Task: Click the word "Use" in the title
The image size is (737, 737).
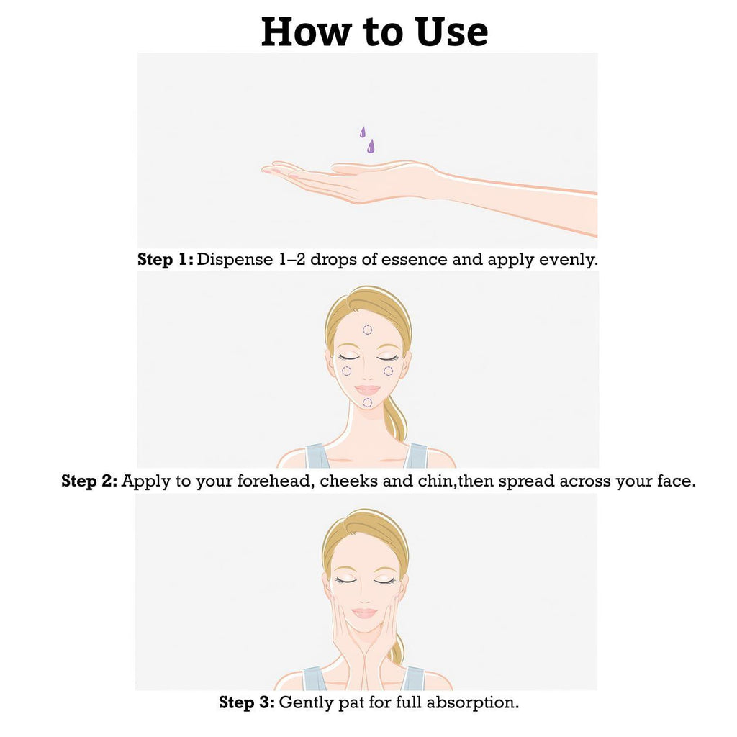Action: click(x=452, y=32)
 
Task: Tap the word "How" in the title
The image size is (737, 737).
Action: click(x=306, y=32)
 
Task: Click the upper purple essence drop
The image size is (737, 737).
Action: click(x=363, y=132)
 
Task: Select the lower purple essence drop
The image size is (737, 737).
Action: click(x=371, y=146)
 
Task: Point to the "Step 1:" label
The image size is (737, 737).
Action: click(x=165, y=259)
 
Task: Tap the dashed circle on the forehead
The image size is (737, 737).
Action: click(x=368, y=330)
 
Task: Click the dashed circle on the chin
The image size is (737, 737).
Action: click(x=368, y=402)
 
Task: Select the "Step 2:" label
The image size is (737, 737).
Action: click(x=89, y=481)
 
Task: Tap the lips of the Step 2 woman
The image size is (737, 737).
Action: click(x=368, y=390)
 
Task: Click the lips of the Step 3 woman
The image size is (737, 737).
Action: click(x=365, y=613)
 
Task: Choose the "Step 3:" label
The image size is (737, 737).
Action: click(x=247, y=702)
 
